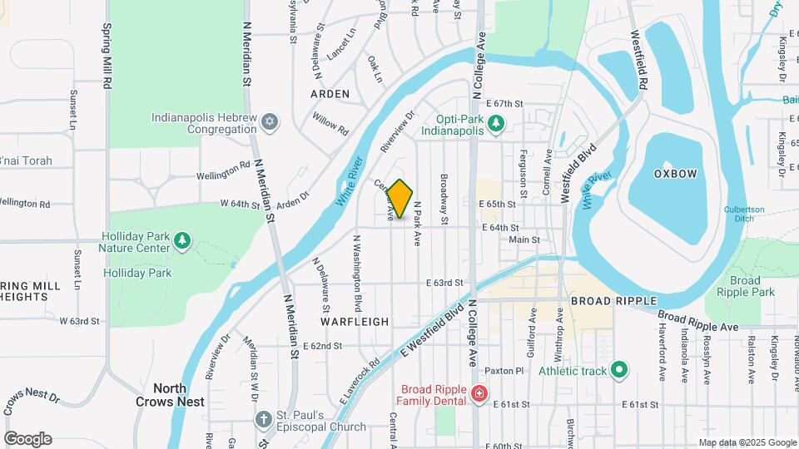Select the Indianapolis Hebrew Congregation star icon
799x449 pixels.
tap(269, 123)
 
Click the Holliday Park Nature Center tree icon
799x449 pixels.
tap(182, 241)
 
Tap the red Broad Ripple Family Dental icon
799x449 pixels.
tap(479, 395)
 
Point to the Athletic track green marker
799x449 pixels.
tap(618, 370)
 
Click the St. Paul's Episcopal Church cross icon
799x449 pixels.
tap(264, 420)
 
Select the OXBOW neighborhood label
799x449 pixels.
tap(674, 174)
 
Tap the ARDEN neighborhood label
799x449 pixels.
tap(330, 94)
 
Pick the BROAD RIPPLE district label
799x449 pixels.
tap(614, 300)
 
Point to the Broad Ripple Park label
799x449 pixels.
tap(752, 286)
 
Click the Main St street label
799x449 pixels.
tap(524, 239)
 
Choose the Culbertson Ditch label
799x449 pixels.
tap(750, 214)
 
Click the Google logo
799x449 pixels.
tap(27, 438)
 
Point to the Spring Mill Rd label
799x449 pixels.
tap(107, 56)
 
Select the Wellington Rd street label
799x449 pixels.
tap(223, 175)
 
